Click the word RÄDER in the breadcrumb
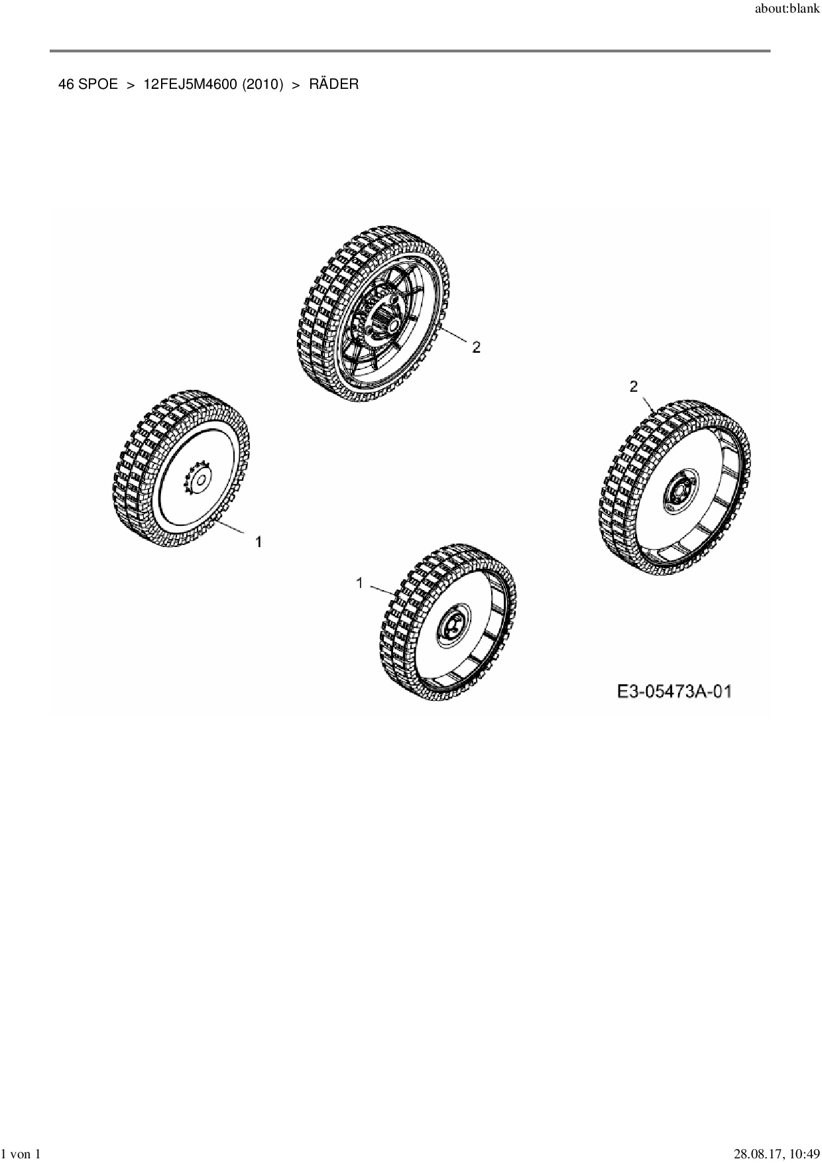click(x=333, y=84)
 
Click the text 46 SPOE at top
click(x=88, y=84)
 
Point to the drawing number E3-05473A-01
click(x=674, y=692)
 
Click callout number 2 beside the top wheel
click(x=476, y=347)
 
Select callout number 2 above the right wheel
click(x=634, y=386)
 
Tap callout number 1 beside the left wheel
click(x=259, y=542)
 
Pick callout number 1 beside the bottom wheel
click(x=359, y=583)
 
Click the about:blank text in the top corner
click(x=788, y=9)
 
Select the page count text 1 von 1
click(x=21, y=1154)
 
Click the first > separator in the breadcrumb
click(x=131, y=84)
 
